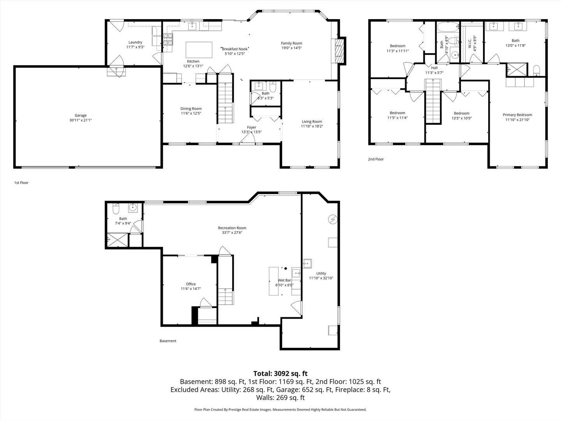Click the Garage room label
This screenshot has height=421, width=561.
(81, 115)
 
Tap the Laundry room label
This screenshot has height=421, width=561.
(135, 42)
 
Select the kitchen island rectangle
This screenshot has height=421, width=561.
(199, 50)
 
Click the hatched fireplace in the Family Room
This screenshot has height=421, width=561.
(339, 51)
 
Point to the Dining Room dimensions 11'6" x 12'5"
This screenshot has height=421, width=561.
(191, 113)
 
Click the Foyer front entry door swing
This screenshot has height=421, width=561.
(247, 138)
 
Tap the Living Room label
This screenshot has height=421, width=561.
(312, 121)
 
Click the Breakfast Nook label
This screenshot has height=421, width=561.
(235, 49)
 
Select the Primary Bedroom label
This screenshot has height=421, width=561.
(517, 115)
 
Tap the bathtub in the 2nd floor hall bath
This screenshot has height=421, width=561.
(448, 27)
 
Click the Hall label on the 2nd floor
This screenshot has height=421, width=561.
(434, 68)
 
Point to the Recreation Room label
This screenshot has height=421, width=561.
(232, 228)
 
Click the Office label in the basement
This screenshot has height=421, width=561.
(191, 284)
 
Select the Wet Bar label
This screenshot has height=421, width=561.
(284, 280)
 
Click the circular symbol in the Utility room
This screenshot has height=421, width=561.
(333, 219)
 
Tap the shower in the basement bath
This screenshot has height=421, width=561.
(117, 240)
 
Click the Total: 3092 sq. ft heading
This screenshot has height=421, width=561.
(280, 373)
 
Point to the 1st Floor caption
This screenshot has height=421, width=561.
(21, 182)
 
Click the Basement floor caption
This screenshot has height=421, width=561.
(168, 341)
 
